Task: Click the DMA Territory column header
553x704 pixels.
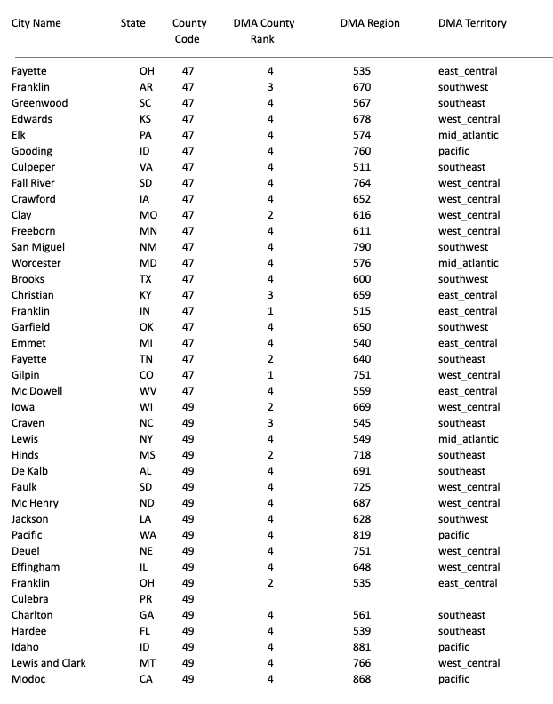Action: coord(472,23)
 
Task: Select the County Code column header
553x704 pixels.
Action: coord(188,31)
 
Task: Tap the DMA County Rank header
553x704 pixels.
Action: coord(263,31)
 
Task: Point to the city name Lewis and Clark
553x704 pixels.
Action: coord(49,663)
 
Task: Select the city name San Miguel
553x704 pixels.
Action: coord(38,247)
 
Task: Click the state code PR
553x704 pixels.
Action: coord(146,599)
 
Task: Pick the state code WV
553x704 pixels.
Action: coord(146,391)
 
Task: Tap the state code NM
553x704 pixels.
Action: coord(146,247)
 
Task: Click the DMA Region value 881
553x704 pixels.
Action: coord(361,647)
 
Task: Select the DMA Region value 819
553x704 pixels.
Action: coord(361,535)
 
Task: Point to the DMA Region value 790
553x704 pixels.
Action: coord(361,247)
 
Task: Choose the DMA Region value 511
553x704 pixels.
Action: coord(361,167)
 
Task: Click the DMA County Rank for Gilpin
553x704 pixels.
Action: coord(270,375)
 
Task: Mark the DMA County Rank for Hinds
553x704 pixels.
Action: coord(270,455)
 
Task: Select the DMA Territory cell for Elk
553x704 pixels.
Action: coord(468,135)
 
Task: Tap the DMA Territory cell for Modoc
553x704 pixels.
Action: coord(453,679)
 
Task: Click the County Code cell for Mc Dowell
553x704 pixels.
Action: coord(188,391)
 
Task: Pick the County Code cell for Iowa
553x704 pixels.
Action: coord(188,407)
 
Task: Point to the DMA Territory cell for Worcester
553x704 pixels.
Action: coord(468,263)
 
